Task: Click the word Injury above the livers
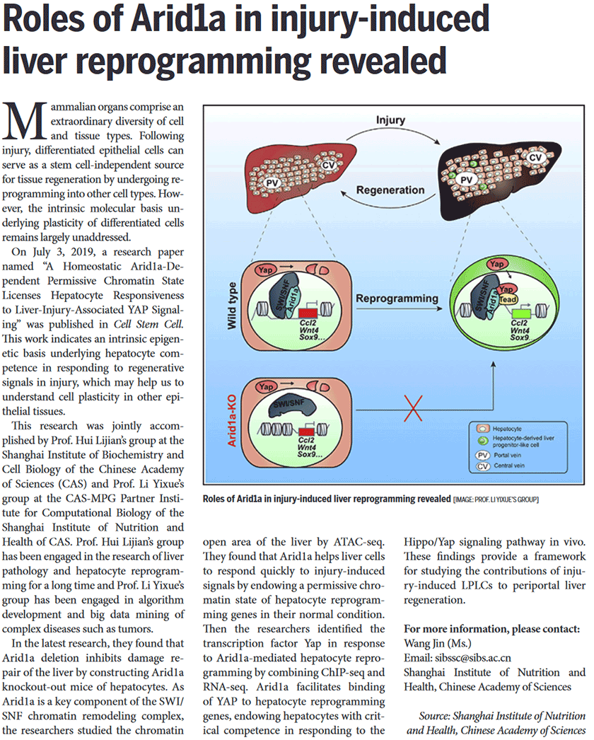pos(390,121)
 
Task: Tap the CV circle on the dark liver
pos(536,156)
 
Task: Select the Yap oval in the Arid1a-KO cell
pos(267,387)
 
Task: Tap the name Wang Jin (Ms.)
pos(439,643)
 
